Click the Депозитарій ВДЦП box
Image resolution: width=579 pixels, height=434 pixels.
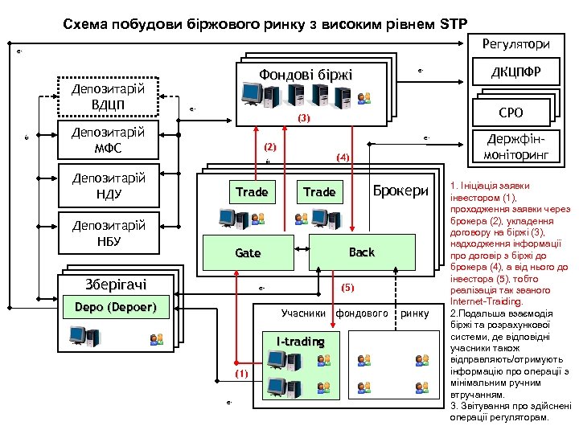[109, 96]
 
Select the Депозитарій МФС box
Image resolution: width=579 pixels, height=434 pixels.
[109, 141]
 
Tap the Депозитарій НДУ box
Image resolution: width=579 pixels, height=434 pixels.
[109, 186]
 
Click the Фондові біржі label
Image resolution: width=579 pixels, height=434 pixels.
[305, 75]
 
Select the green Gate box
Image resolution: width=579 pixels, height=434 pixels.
[248, 252]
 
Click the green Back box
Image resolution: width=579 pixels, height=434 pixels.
[361, 252]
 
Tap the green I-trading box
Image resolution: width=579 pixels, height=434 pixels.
[300, 342]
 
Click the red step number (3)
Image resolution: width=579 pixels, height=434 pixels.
[303, 118]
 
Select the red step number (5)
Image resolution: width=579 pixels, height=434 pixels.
[347, 287]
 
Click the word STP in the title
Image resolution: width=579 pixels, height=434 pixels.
[454, 23]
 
